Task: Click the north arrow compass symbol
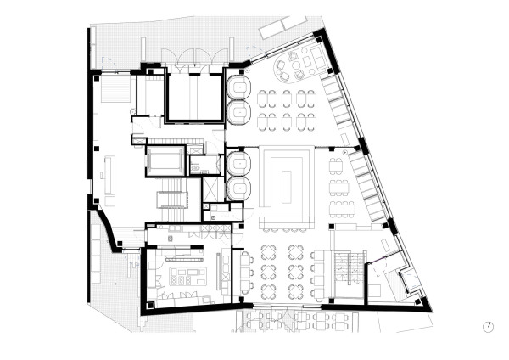(489, 326)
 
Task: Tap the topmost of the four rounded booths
(238, 88)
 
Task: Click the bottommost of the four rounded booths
(238, 188)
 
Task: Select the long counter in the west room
(109, 174)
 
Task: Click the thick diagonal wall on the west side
(106, 225)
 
